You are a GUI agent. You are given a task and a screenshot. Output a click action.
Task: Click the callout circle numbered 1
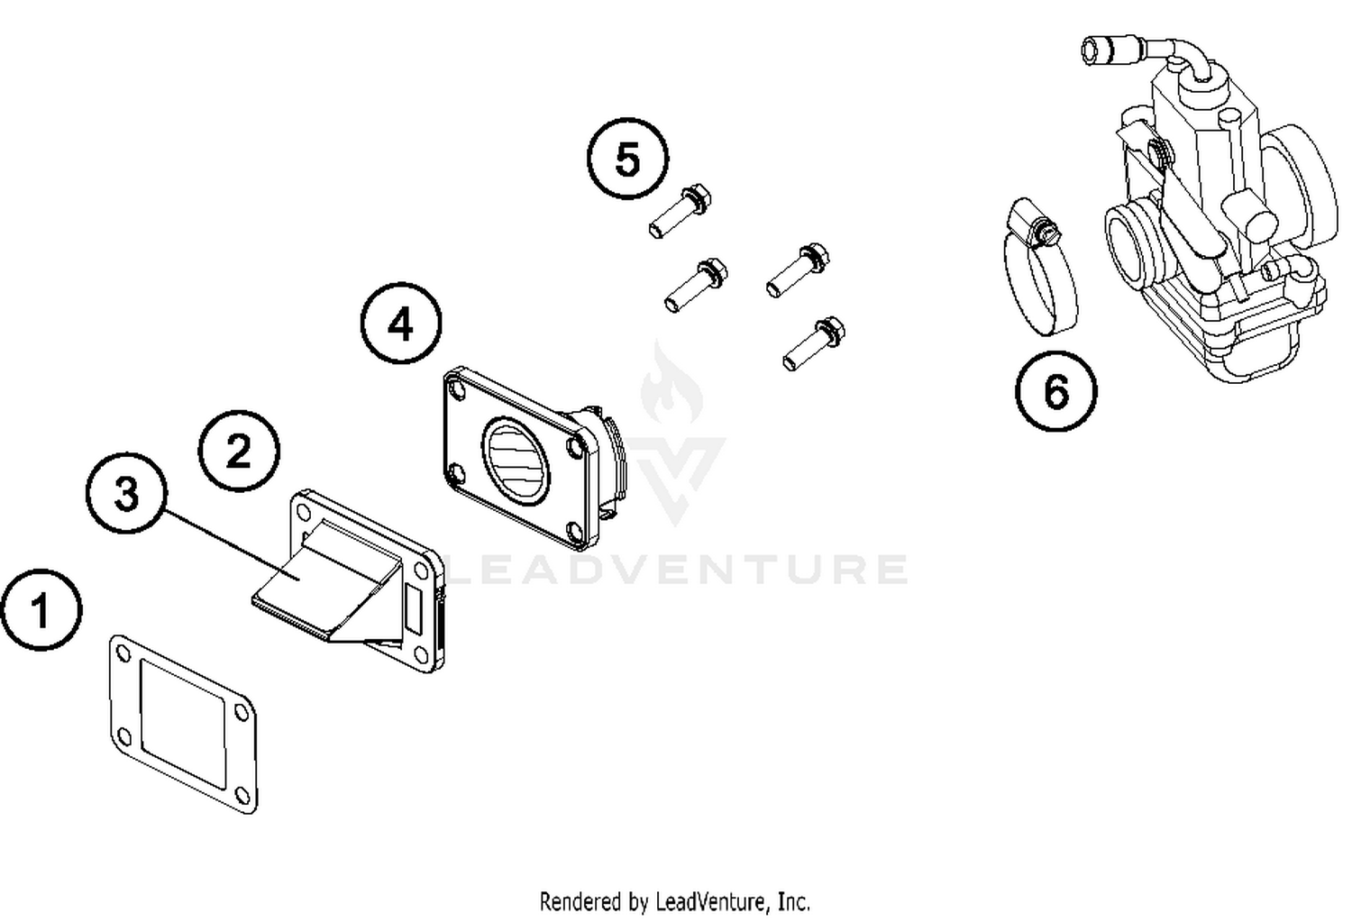(41, 609)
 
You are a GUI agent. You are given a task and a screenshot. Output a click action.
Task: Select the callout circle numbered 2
(239, 451)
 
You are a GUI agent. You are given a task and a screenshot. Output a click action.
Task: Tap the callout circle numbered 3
(126, 494)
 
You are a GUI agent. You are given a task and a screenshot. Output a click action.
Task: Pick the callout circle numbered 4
(401, 324)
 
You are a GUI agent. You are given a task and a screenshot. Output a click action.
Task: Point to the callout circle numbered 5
(628, 159)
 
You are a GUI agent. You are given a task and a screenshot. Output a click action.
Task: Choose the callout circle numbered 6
(1055, 391)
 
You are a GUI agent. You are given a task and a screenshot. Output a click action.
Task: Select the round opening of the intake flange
(516, 460)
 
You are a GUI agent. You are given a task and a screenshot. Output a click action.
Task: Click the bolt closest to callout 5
(681, 209)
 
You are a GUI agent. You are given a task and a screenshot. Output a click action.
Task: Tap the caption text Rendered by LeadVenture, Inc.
(674, 900)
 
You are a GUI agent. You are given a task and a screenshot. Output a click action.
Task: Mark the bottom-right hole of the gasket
(241, 793)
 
